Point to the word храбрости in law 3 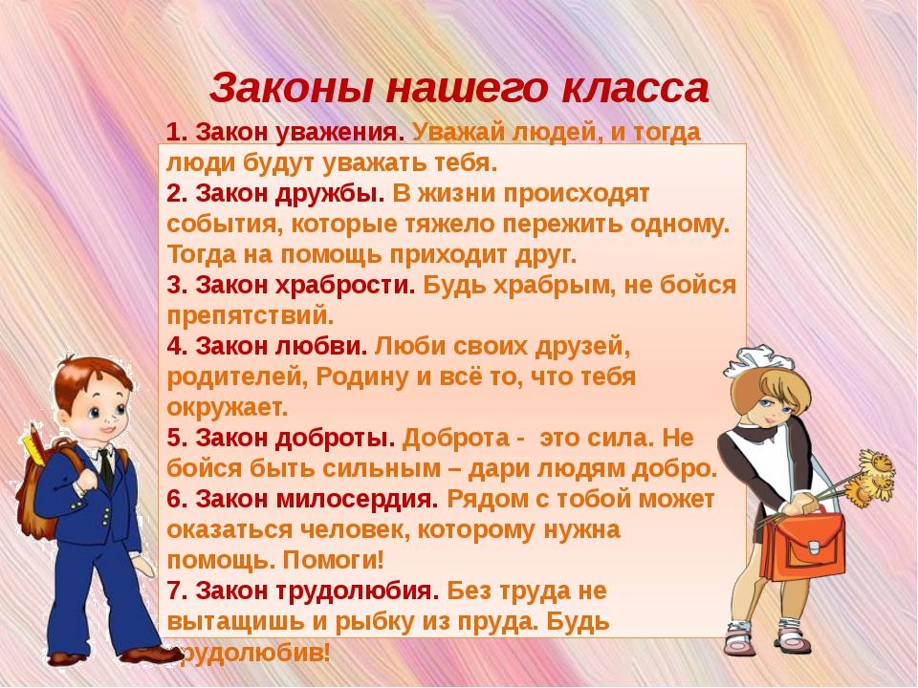pos(345,286)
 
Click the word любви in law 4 pos(321,346)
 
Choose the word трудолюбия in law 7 pos(357,591)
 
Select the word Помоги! pos(334,561)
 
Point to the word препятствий pos(251,316)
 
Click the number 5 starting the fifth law pos(173,439)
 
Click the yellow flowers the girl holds pos(872,477)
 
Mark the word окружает pos(228,408)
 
